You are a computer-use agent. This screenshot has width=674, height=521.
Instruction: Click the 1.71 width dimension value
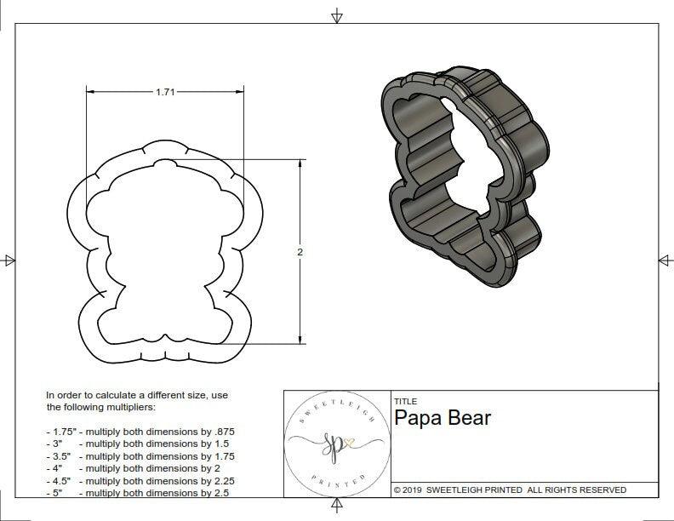coord(165,93)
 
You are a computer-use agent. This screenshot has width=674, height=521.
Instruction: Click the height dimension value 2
coord(301,253)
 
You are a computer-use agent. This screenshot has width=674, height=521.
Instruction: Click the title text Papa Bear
coord(443,419)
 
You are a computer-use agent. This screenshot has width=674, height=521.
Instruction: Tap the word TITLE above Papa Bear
coord(405,402)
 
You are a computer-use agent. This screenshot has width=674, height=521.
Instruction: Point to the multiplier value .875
coord(222,432)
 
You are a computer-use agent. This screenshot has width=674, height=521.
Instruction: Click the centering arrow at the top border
coord(338,15)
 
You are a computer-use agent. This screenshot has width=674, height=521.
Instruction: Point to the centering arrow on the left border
coord(9,260)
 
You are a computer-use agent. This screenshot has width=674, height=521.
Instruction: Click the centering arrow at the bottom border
coord(338,508)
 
